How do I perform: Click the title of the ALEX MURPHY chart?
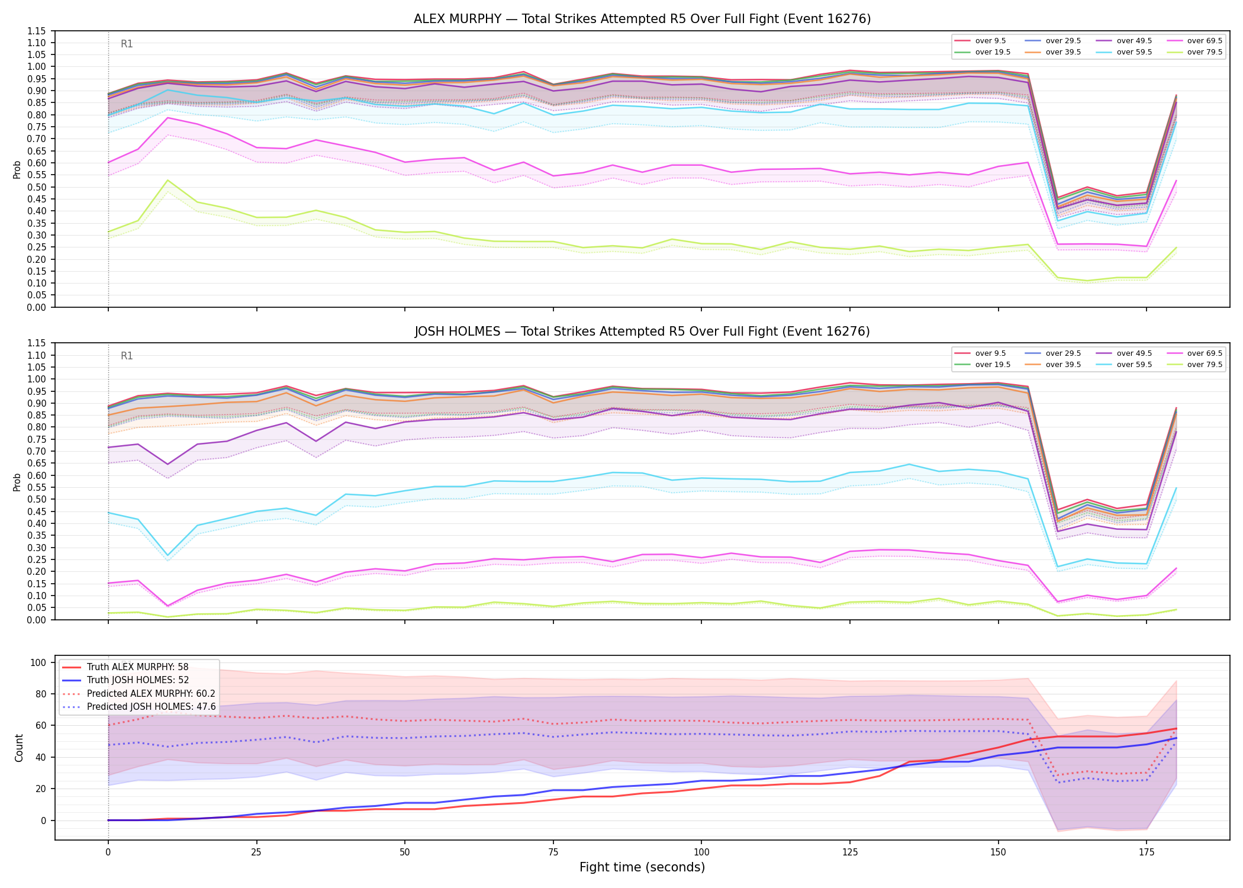point(642,19)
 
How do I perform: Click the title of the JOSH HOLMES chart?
point(642,332)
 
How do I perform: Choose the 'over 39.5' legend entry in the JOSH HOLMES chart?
point(1053,365)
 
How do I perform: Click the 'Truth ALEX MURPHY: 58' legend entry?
point(125,667)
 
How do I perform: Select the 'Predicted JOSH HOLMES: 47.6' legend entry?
point(139,706)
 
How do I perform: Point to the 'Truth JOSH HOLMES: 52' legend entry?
point(125,680)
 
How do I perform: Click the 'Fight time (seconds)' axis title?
point(642,867)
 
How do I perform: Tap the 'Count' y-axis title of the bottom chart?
point(20,748)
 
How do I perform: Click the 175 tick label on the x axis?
point(1147,852)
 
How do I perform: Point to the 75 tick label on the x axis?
point(553,852)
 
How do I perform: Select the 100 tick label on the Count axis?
point(38,662)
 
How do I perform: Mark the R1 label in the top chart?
point(127,44)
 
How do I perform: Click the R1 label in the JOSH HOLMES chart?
point(127,356)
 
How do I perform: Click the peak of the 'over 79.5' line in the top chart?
point(168,180)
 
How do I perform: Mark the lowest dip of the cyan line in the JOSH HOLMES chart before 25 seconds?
point(168,555)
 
